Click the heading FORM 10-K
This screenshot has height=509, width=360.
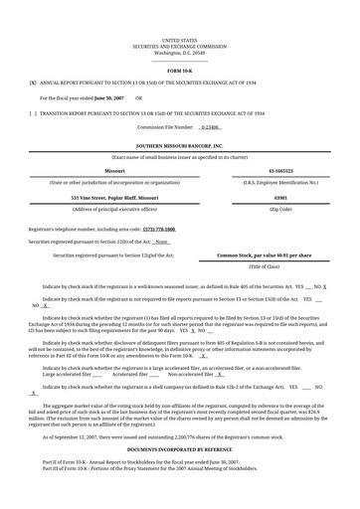(x=180, y=72)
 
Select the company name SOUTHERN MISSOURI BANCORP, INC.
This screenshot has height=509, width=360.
(x=180, y=145)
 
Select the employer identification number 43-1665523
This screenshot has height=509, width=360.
(x=280, y=170)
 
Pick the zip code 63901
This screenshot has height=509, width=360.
(x=280, y=198)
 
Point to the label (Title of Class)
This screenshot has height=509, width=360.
(x=264, y=267)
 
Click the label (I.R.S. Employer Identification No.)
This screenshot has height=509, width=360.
(x=280, y=182)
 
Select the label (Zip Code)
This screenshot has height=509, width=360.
(x=280, y=210)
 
